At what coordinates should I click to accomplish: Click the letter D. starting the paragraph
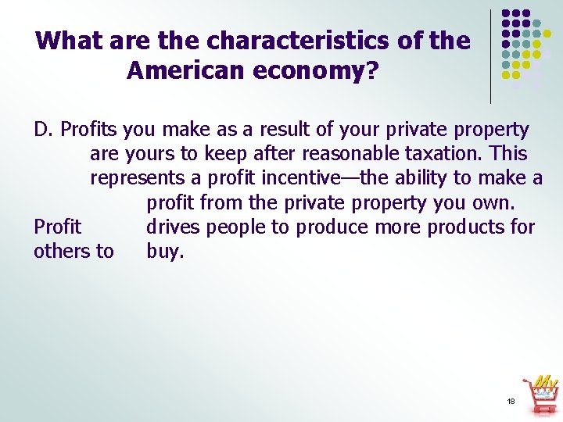44,129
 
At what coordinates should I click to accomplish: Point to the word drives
171,227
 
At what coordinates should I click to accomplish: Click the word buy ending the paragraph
165,252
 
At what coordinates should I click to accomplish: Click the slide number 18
511,401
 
